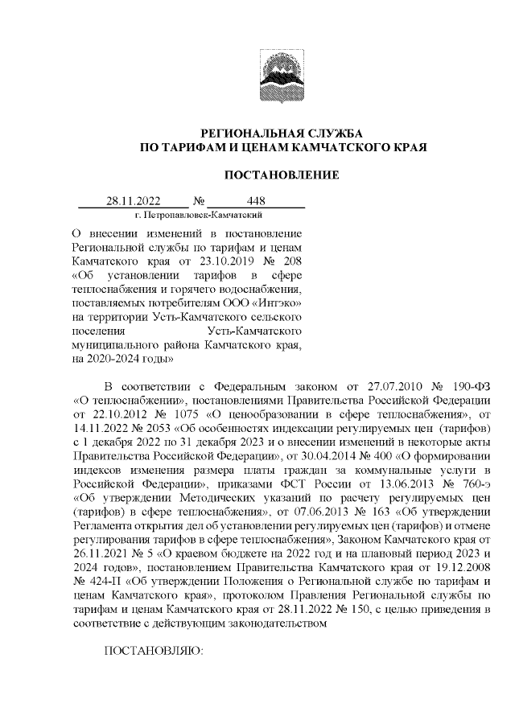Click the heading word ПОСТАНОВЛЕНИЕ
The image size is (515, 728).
coord(281,175)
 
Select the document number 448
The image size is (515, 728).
coord(257,201)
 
